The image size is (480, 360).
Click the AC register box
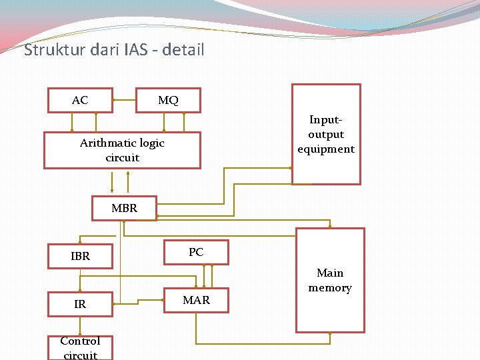coord(80,100)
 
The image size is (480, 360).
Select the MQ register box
coord(168,100)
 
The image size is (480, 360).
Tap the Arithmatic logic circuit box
coord(122,150)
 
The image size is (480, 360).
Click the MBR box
coord(124,208)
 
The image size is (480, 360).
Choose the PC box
coord(196,252)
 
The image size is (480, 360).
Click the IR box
coord(80,304)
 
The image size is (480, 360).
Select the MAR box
coord(196,300)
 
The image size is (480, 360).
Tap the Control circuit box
coord(80,347)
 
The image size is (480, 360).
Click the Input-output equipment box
coord(326,134)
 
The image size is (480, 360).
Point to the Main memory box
coord(330,280)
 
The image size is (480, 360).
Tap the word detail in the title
coord(181,50)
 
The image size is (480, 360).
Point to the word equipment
coord(326,149)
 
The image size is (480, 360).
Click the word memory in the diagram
coord(330,288)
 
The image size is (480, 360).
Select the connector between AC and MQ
coord(124,100)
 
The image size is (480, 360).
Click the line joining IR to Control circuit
coord(80,325)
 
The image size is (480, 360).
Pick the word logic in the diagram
coord(151,143)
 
